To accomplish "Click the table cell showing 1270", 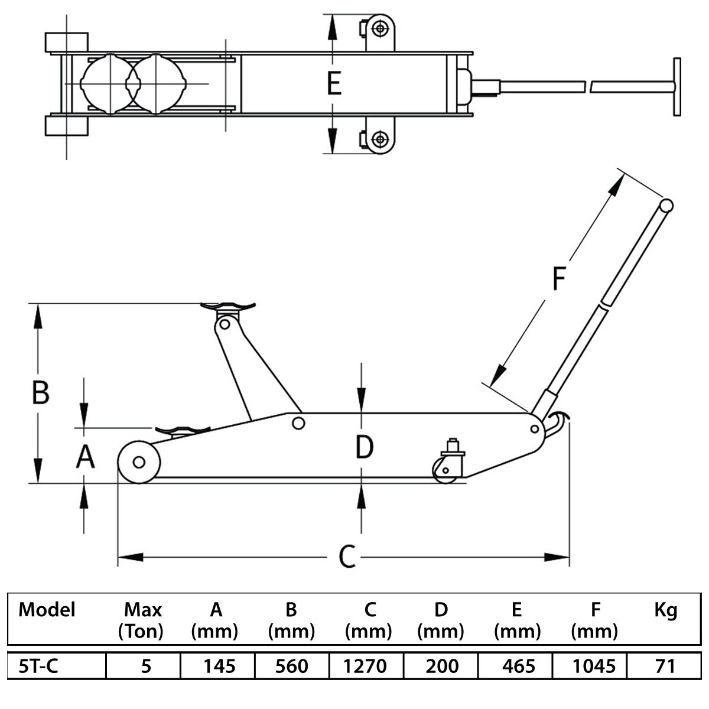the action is [365, 666].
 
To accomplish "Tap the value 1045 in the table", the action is [594, 666].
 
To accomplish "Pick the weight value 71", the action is [665, 666].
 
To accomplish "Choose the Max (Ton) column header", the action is [141, 620].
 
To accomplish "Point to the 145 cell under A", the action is [219, 666].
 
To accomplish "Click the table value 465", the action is [518, 666].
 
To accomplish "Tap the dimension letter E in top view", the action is [334, 83].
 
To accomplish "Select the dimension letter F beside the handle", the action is [559, 278].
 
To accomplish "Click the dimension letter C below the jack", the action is [347, 557].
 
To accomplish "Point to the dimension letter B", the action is [41, 392].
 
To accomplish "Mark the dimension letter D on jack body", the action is [365, 447].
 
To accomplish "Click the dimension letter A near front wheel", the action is [85, 457].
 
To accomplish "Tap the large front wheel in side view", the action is [139, 462].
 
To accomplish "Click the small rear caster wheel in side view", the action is [445, 470].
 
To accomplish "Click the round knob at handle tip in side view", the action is [666, 205].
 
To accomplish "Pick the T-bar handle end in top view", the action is [677, 87].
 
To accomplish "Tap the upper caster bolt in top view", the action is [380, 29].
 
